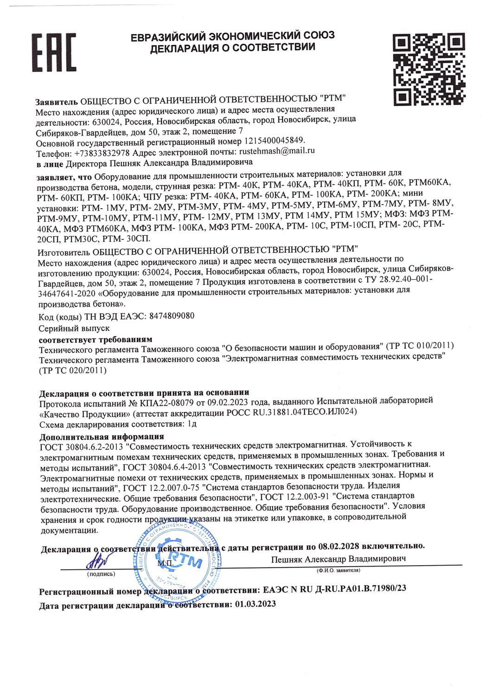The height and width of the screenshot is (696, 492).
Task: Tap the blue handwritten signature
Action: pyautogui.click(x=98, y=562)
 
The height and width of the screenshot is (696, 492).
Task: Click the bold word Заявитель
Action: pyautogui.click(x=57, y=101)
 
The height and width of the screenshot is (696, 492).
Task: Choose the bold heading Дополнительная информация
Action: pyautogui.click(x=102, y=437)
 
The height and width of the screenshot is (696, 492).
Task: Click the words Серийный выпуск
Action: pyautogui.click(x=75, y=328)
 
